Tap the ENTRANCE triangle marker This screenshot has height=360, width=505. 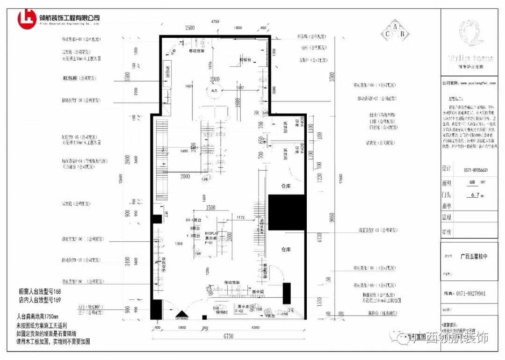point(181,316)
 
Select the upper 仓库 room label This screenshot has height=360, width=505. point(286,186)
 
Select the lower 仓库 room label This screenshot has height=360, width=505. point(286,250)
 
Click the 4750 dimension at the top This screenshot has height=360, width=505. point(215,22)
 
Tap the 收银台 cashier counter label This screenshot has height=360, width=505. point(246,60)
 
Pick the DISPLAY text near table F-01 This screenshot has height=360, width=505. point(211,232)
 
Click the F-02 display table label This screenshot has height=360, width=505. point(239,310)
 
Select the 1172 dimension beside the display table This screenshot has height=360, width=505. point(240,218)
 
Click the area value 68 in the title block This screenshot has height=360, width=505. point(472,182)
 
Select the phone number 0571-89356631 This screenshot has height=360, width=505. point(475,170)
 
